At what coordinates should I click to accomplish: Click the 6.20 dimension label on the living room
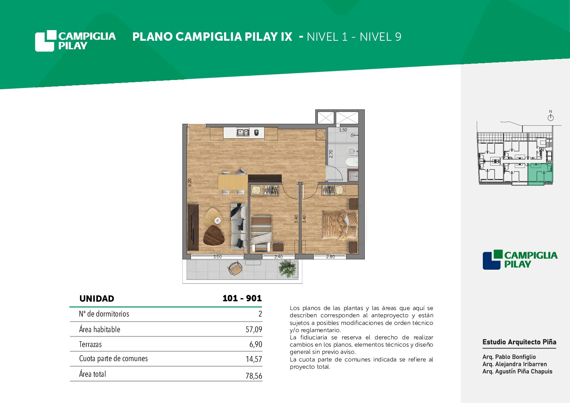tap(190, 182)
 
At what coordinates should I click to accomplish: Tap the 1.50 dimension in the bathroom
tap(343, 130)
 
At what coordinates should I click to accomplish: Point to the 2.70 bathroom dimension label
tap(331, 154)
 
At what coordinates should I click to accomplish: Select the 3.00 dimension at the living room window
tap(217, 257)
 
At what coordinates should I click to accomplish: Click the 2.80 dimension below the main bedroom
tap(330, 257)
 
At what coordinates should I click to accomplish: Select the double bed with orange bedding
tap(340, 225)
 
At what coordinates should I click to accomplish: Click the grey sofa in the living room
tap(239, 225)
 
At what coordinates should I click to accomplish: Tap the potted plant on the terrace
tap(288, 268)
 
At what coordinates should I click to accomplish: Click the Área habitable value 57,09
tap(254, 329)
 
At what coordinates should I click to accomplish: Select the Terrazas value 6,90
tap(256, 344)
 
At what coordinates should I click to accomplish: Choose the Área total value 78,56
tap(254, 376)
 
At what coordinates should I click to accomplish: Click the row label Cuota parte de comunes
tap(113, 358)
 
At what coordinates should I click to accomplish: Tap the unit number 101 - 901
tap(242, 298)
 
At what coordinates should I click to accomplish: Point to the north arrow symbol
tap(551, 116)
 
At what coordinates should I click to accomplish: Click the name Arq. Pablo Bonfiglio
tap(509, 357)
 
